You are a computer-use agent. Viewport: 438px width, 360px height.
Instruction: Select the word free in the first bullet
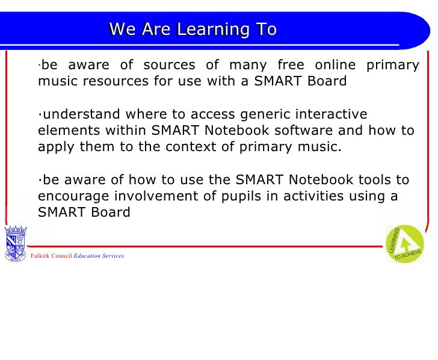click(291, 65)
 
